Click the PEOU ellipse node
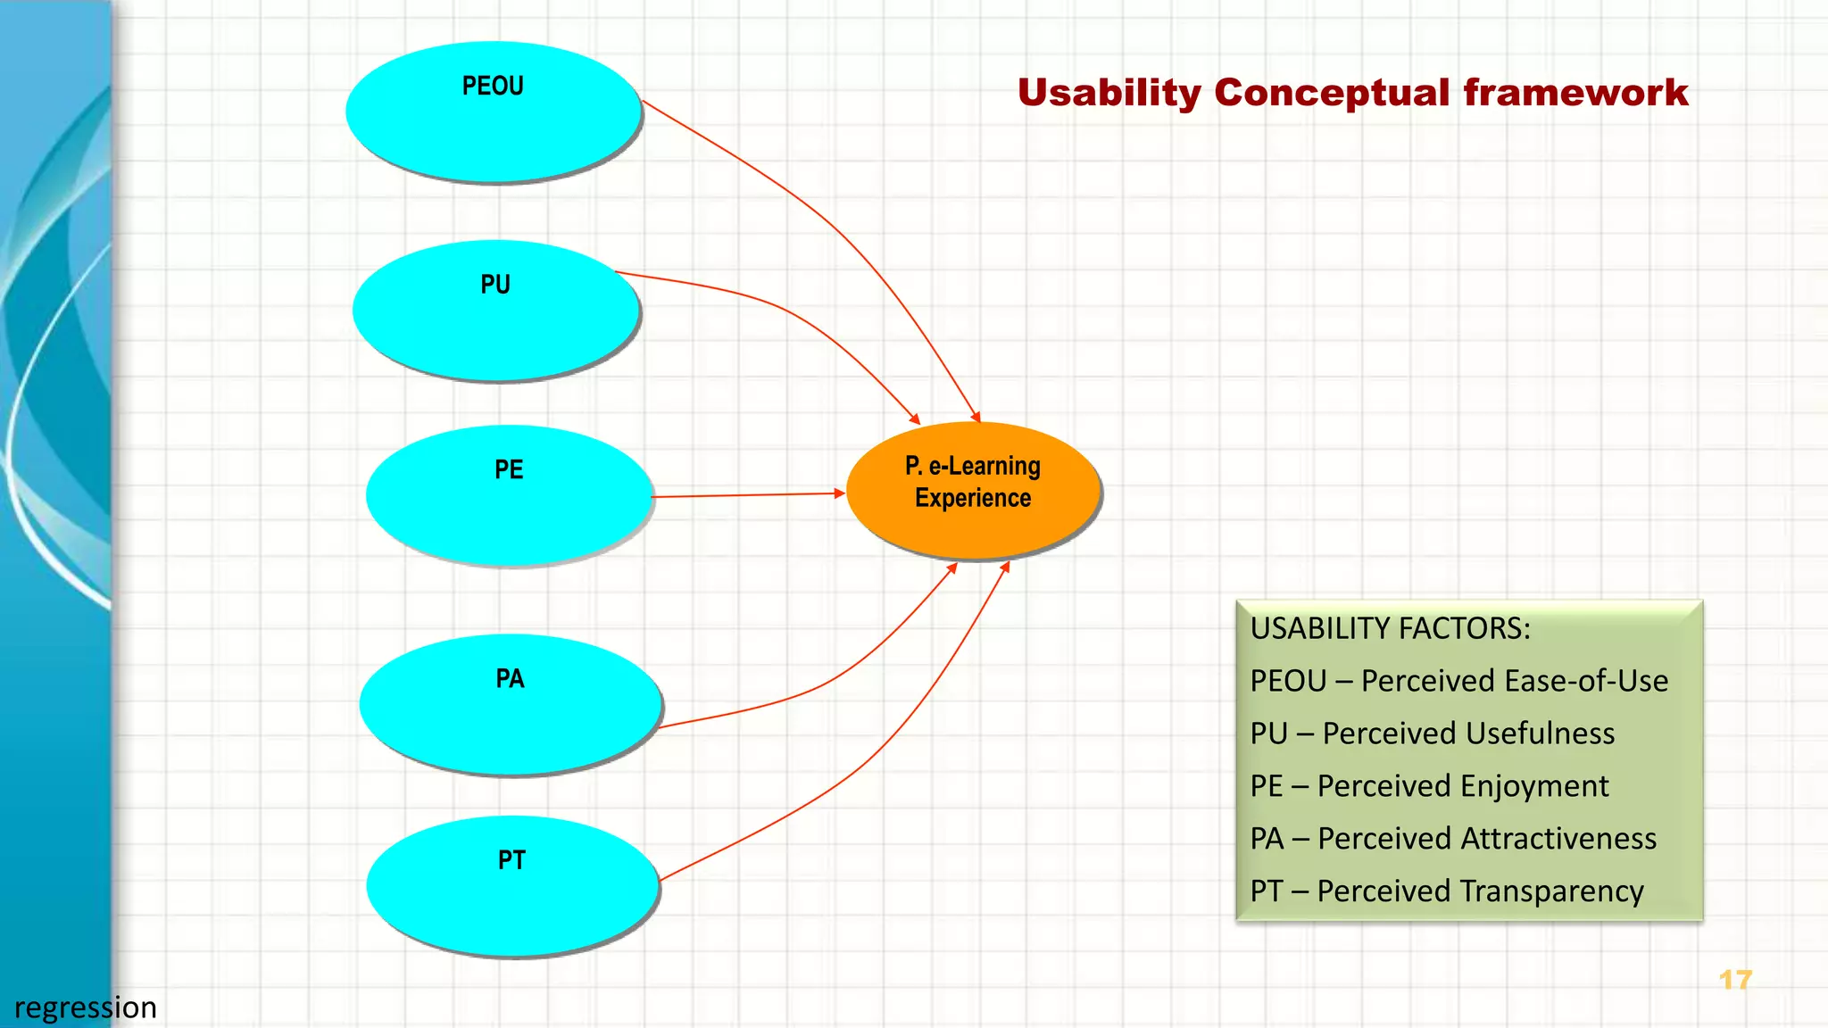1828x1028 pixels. pyautogui.click(x=494, y=112)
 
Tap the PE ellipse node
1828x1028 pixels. pyautogui.click(x=509, y=495)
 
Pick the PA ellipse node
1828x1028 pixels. pyautogui.click(x=510, y=704)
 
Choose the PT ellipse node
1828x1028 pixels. pyautogui.click(x=512, y=886)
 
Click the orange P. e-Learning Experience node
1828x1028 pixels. pyautogui.click(x=973, y=490)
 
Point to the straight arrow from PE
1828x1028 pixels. pyautogui.click(x=748, y=494)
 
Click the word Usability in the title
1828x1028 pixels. pyautogui.click(x=1109, y=94)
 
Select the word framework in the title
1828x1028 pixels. pyautogui.click(x=1575, y=93)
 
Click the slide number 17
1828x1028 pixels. pyautogui.click(x=1735, y=980)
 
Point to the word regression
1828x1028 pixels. pyautogui.click(x=86, y=1007)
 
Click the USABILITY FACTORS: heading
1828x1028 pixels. pyautogui.click(x=1390, y=628)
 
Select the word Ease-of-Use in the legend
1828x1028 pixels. pyautogui.click(x=1515, y=681)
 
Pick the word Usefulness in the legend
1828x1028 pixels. pyautogui.click(x=1468, y=734)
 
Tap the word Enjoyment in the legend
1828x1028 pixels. pyautogui.click(x=1463, y=786)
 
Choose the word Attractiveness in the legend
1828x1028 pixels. pyautogui.click(x=1487, y=839)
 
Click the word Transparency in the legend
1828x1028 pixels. pyautogui.click(x=1480, y=891)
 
